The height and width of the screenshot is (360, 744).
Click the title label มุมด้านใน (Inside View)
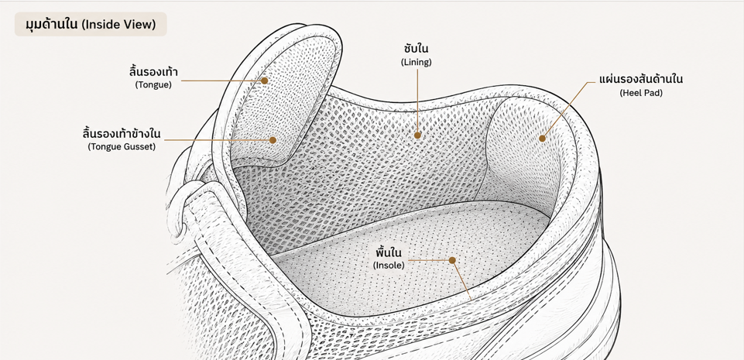click(x=91, y=24)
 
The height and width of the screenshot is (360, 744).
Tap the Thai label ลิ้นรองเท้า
click(x=153, y=73)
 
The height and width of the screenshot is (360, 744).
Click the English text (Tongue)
click(x=153, y=85)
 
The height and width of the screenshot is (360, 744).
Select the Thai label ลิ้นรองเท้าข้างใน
click(x=122, y=134)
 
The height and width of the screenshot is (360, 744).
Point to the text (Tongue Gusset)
click(x=122, y=146)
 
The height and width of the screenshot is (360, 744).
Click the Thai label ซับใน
click(x=416, y=49)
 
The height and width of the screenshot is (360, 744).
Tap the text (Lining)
click(x=416, y=62)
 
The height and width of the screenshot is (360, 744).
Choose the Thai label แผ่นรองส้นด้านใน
click(x=641, y=79)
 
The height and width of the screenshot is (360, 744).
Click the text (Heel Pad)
click(x=641, y=93)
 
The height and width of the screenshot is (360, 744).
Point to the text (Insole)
click(x=389, y=266)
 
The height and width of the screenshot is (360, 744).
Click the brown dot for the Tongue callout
click(x=264, y=81)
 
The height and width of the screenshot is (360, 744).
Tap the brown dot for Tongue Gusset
click(x=273, y=140)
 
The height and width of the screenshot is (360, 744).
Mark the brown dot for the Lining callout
click(x=417, y=135)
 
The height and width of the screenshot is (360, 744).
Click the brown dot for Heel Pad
click(x=543, y=139)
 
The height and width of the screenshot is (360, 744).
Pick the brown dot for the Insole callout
click(x=452, y=260)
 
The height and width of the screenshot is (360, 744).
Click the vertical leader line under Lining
click(x=417, y=100)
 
